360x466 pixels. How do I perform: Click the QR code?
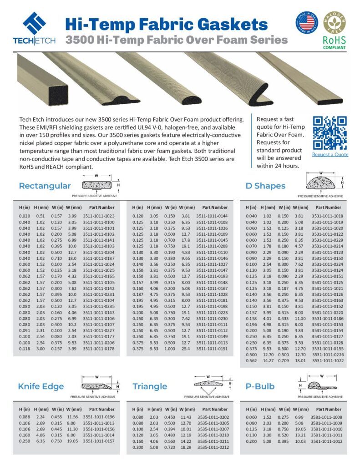coord(330,132)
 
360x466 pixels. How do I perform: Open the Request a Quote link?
coord(330,154)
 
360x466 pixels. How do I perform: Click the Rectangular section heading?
coord(45,186)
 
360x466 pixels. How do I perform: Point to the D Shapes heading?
coord(265,186)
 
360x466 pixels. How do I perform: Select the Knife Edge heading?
coord(41,386)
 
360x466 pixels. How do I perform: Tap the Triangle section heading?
coord(150,386)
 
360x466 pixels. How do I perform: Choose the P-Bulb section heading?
coord(260,386)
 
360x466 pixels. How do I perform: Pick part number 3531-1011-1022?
coord(327,360)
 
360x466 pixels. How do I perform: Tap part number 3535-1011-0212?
coord(213,447)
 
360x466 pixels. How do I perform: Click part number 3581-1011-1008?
coord(326,417)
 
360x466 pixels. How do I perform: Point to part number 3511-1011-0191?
coord(212,349)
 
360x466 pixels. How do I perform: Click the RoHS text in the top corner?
coord(335,40)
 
